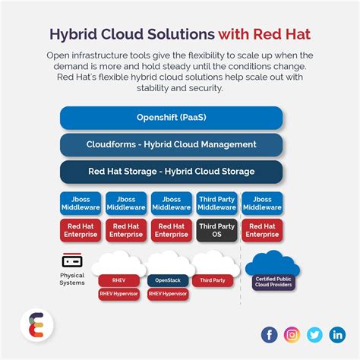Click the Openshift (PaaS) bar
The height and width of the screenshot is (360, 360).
pos(171,118)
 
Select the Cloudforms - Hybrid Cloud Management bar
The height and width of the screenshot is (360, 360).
pos(171,144)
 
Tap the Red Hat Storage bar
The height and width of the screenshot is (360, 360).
pos(171,172)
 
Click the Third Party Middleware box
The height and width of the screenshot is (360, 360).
pos(216,204)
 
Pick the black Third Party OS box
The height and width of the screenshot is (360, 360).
pos(216,230)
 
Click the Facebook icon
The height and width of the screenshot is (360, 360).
pos(269,335)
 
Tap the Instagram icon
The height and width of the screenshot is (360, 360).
pos(292,335)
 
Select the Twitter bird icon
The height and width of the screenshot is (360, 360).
pos(314,335)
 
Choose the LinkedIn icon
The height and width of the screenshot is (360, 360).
pos(337,335)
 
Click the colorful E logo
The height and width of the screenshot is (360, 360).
pos(36,325)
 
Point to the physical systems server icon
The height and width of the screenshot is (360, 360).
pos(72,261)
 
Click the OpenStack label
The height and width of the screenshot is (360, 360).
pos(168,280)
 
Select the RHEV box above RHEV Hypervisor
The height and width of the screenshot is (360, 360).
pos(119,280)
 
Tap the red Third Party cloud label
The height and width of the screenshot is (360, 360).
pos(213,280)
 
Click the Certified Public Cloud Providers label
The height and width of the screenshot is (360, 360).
pos(273,282)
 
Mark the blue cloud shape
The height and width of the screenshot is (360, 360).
pos(273,264)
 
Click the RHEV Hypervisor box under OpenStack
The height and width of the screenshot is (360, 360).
pos(168,294)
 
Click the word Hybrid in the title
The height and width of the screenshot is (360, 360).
pos(74,34)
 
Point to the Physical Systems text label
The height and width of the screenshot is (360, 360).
pos(72,279)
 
